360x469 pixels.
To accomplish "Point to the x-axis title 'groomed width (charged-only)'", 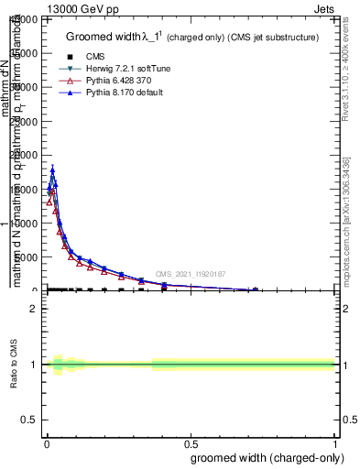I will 263,457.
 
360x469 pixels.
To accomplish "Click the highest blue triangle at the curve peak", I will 52,169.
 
